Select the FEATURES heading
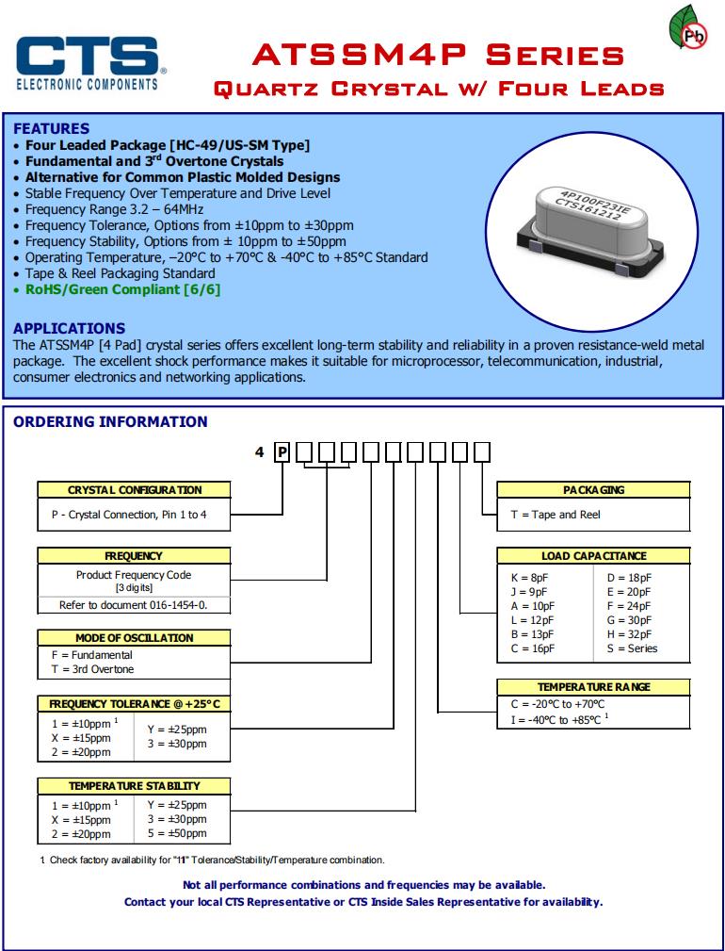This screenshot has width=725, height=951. (x=52, y=128)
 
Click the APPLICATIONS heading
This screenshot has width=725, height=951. (x=69, y=328)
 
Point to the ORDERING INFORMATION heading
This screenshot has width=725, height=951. (x=110, y=421)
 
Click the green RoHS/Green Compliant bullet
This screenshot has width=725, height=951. (x=122, y=289)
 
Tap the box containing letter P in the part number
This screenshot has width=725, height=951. (x=282, y=452)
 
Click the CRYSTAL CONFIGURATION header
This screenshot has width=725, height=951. (x=135, y=490)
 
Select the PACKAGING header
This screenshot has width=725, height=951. (x=593, y=490)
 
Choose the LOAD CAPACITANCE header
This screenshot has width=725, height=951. (x=593, y=556)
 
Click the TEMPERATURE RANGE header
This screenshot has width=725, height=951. (x=593, y=687)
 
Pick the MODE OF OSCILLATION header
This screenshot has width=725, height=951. (x=135, y=638)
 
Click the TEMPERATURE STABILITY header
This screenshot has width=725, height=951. (x=135, y=785)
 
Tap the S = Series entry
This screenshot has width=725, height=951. (x=632, y=648)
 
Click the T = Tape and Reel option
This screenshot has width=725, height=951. (x=556, y=515)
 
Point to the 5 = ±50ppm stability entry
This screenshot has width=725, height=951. (x=177, y=834)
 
